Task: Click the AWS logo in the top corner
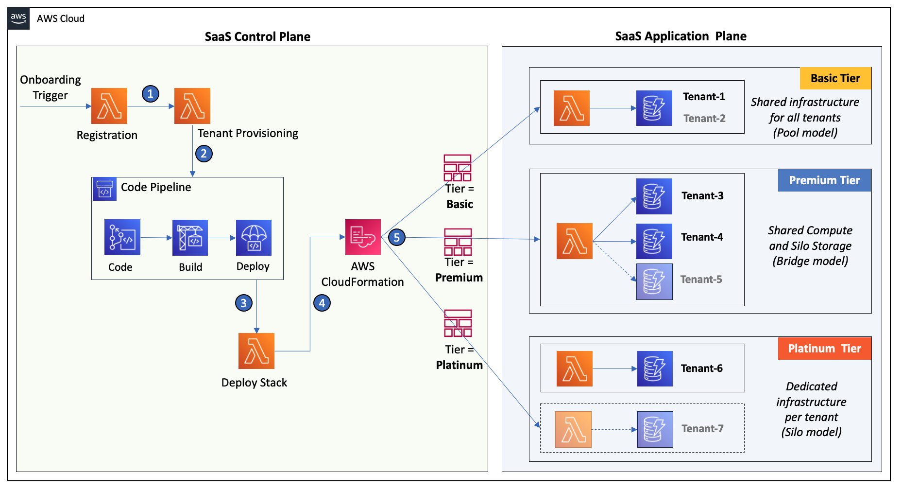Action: pyautogui.click(x=18, y=18)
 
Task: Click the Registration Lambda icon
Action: pyautogui.click(x=109, y=106)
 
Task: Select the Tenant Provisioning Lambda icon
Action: pyautogui.click(x=192, y=106)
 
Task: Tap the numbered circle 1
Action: pyautogui.click(x=151, y=94)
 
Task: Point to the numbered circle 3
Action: pyautogui.click(x=243, y=303)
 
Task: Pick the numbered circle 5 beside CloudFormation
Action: pyautogui.click(x=397, y=237)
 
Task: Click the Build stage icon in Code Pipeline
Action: pyautogui.click(x=190, y=238)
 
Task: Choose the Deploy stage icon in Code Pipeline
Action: pyautogui.click(x=254, y=238)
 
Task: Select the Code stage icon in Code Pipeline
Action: pyautogui.click(x=122, y=237)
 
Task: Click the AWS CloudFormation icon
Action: pyautogui.click(x=363, y=237)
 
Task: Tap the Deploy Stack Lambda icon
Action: pyautogui.click(x=256, y=351)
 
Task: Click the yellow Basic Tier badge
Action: pyautogui.click(x=835, y=78)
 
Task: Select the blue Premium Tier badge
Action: pyautogui.click(x=824, y=180)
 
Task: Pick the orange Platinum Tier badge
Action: pyautogui.click(x=824, y=349)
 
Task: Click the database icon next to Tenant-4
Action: pyautogui.click(x=654, y=241)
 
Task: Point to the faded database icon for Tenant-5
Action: pyautogui.click(x=654, y=281)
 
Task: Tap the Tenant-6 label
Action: pyautogui.click(x=701, y=368)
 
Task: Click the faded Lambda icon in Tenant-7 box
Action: pyautogui.click(x=573, y=429)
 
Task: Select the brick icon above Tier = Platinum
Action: pyautogui.click(x=458, y=323)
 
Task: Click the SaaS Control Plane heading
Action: pyautogui.click(x=257, y=36)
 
